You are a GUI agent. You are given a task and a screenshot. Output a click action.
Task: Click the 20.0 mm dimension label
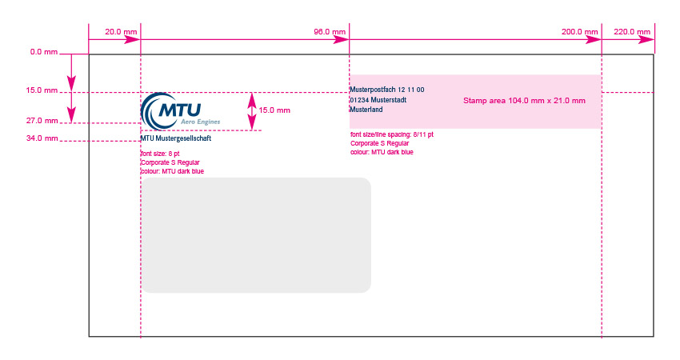point(121,32)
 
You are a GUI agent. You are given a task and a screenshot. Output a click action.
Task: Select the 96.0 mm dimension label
point(330,32)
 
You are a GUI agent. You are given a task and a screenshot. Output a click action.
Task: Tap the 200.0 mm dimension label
point(579,32)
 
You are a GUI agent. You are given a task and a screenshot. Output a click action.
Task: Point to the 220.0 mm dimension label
point(632,32)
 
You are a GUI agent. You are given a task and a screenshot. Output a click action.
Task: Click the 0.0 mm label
point(44,52)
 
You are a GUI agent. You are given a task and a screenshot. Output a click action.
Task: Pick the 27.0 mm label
point(42,121)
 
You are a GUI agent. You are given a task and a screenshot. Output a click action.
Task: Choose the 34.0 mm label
point(42,138)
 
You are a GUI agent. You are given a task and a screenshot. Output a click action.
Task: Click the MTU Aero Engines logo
point(181,111)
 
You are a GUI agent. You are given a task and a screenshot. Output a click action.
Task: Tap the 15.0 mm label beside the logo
point(274,110)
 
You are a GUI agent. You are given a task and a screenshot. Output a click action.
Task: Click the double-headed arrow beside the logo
point(252,111)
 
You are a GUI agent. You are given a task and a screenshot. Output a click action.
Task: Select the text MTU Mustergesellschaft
point(176,138)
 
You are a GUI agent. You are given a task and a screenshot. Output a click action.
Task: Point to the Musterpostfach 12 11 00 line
point(387,90)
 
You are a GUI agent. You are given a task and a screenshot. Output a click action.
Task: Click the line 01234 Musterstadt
point(378,100)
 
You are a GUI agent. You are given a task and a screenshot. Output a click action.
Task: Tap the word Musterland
point(366,110)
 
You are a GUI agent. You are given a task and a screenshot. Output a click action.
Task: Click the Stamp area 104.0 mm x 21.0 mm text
point(524,101)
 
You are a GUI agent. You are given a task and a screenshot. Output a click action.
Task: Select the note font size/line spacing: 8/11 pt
point(392,134)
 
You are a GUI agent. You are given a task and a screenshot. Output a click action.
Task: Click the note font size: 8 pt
point(160,154)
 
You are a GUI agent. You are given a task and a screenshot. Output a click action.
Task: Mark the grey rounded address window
point(256,235)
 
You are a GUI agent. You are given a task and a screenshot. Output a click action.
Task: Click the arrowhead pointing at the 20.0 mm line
point(132,40)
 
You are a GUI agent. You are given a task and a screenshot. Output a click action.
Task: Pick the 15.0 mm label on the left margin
point(42,90)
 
